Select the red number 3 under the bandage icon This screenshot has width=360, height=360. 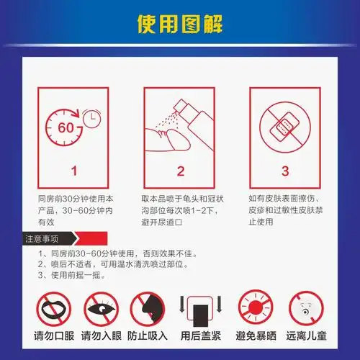(285, 171)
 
